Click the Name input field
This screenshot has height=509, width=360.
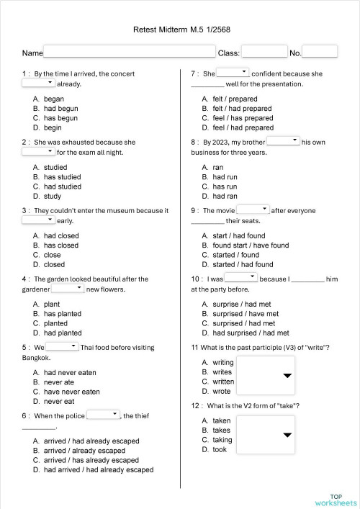pos(130,52)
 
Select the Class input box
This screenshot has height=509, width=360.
pos(264,52)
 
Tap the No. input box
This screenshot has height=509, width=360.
pos(320,52)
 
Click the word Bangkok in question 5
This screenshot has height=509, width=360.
pos(36,358)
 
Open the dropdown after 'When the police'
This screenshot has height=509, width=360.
pos(103,415)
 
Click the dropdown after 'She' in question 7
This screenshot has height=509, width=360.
pos(233,73)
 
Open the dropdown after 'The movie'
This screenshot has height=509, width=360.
pos(253,210)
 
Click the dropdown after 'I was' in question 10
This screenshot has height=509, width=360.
pos(241,278)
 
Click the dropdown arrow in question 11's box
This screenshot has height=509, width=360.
pos(287,376)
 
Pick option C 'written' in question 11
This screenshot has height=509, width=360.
pos(222,382)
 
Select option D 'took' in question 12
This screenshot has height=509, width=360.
pos(219,449)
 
